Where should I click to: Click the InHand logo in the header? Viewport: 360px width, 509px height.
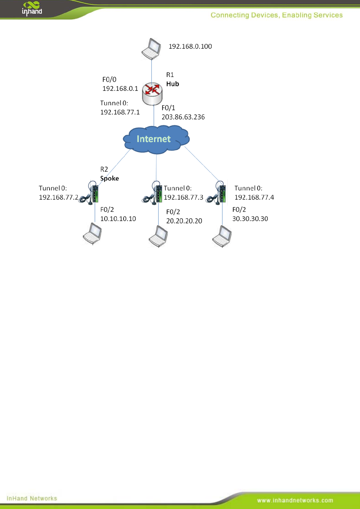point(32,8)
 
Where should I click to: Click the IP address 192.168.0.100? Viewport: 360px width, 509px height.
point(190,47)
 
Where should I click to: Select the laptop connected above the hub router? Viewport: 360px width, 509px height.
point(151,49)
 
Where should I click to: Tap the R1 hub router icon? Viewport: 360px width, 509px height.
point(152,94)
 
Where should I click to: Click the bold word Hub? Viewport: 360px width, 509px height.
point(173,84)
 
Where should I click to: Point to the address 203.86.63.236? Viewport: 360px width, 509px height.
point(183,117)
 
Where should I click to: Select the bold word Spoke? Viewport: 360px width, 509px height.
point(109,178)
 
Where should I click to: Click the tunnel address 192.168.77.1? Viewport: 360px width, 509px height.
point(120,112)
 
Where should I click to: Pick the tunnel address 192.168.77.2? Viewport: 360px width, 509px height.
point(59,197)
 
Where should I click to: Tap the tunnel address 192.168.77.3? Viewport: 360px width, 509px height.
point(183,197)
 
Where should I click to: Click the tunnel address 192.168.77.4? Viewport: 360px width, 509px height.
point(254,197)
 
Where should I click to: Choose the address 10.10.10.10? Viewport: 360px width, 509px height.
point(118,219)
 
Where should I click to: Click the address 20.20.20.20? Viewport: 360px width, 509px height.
point(184,221)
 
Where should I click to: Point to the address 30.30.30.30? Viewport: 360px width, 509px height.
point(250,219)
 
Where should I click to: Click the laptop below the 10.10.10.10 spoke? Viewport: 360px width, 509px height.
point(92,234)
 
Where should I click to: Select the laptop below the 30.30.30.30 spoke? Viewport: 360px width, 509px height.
point(222,236)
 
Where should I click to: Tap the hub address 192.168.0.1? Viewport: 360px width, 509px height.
point(120,89)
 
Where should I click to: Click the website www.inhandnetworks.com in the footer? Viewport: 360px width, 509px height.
point(295,501)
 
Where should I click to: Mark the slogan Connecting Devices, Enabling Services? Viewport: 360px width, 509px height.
point(277,15)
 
